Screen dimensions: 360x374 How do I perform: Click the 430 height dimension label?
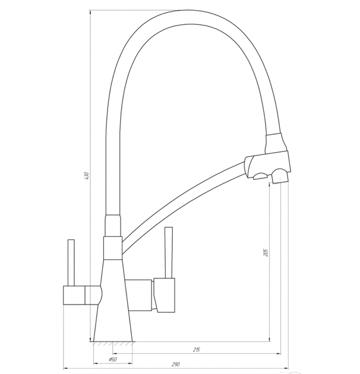click(x=87, y=176)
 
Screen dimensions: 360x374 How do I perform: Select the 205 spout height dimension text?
click(x=266, y=252)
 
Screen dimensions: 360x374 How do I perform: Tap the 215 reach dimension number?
click(x=197, y=350)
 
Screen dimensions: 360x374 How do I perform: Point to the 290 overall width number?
click(x=175, y=365)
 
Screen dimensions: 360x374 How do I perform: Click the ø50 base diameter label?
click(x=113, y=359)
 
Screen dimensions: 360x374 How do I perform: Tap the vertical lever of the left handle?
click(x=71, y=262)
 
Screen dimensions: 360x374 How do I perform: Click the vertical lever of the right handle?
click(x=169, y=252)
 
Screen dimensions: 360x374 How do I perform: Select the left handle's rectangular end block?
click(x=74, y=295)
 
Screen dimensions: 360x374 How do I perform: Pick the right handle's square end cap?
click(x=165, y=295)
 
